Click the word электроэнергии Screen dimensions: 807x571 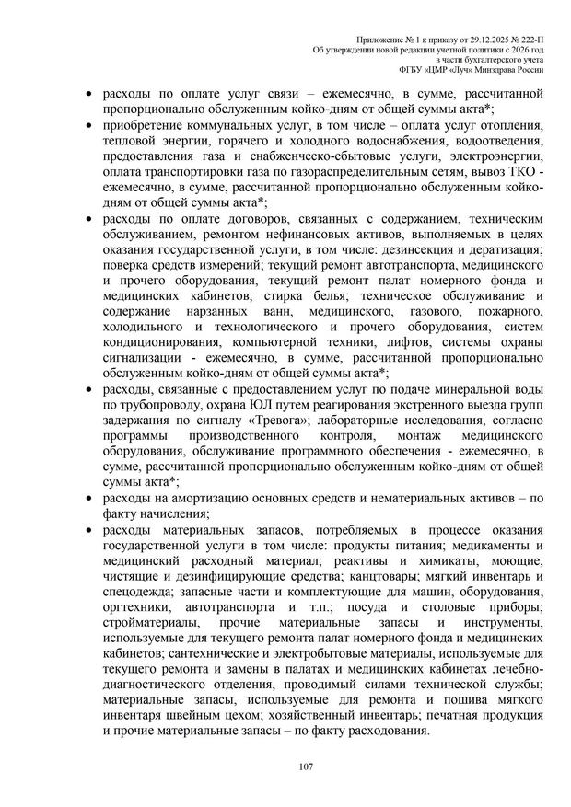pyautogui.click(x=495, y=157)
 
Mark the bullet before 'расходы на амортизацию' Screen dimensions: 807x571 pyautogui.click(x=87, y=498)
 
